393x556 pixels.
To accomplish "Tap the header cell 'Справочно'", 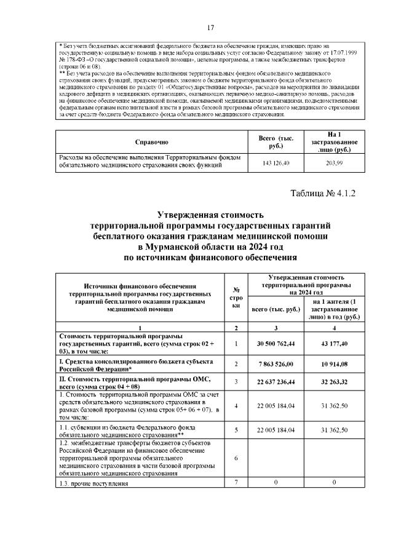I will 151,142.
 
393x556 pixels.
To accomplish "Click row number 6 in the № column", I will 236,458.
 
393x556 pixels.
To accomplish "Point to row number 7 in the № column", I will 236,483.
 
